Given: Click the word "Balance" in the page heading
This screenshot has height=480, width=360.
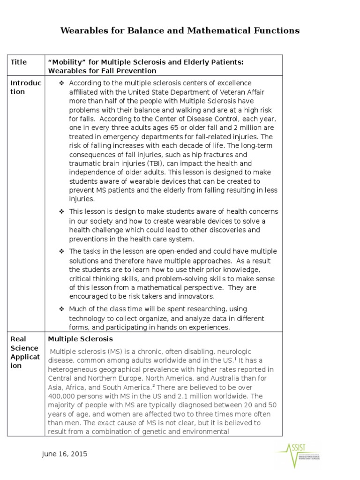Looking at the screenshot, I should coord(141,31).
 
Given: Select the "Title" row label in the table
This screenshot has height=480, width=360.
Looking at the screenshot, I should coord(18,62).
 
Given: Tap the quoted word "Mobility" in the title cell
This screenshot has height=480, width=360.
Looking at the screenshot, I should coord(65,62).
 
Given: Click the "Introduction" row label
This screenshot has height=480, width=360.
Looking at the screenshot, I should coord(26,87).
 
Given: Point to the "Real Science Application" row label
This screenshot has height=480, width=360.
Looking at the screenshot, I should coord(26,352).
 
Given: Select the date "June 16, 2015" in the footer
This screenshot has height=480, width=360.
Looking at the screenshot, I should coord(64,454).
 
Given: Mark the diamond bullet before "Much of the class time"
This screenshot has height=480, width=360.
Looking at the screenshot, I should coord(61,309).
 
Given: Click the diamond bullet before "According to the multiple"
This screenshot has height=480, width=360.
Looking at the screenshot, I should coord(61,83).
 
